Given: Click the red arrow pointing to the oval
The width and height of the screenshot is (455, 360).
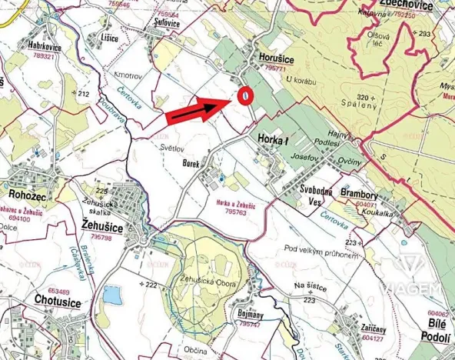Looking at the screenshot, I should (198, 110).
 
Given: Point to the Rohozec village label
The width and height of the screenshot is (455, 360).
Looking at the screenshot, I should (28, 195).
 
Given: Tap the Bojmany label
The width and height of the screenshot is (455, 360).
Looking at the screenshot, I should (254, 316).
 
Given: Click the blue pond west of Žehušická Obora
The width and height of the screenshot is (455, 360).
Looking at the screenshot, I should (112, 295).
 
